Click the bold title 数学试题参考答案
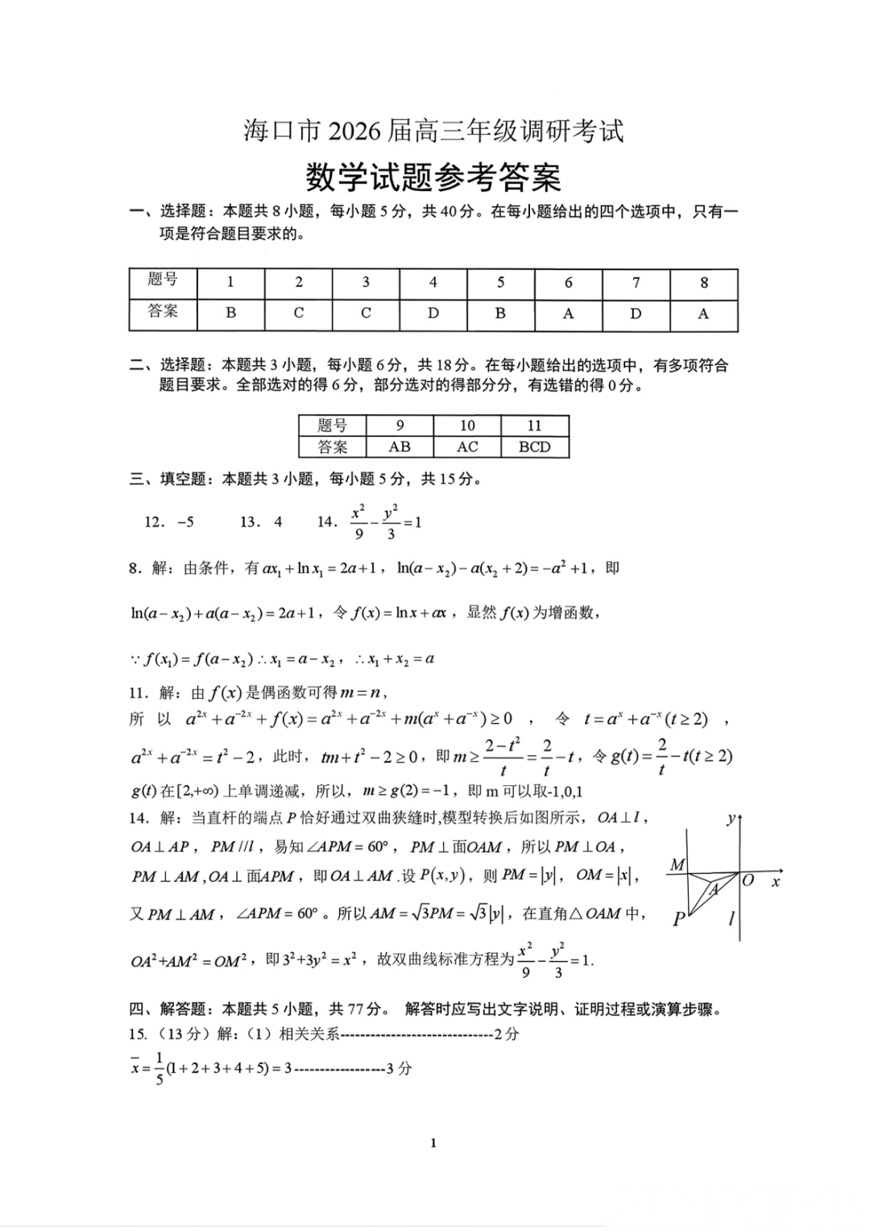(433, 177)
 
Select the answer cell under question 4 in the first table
(433, 314)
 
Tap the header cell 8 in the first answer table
(704, 283)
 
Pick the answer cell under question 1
(231, 314)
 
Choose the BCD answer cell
(535, 447)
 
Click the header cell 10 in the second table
(467, 426)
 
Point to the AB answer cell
(400, 447)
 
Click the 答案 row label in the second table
(333, 447)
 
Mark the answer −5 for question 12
(185, 522)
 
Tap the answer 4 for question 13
(278, 522)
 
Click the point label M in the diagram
(677, 864)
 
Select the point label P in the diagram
(679, 918)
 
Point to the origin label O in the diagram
(748, 880)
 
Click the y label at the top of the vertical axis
(731, 819)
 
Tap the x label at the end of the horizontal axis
(776, 882)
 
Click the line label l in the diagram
(731, 917)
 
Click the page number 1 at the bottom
(433, 1142)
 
